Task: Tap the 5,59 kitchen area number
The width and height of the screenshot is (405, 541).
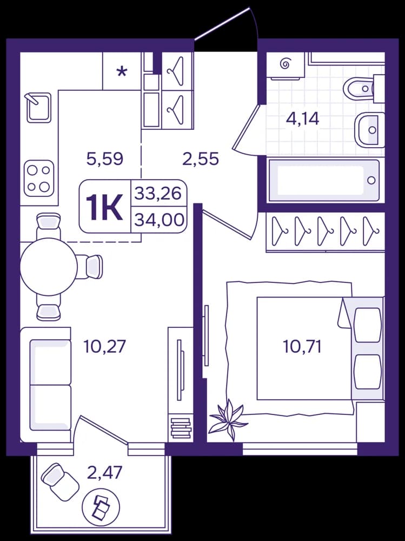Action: tap(105, 160)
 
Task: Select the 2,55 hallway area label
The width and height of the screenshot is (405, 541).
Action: tap(201, 160)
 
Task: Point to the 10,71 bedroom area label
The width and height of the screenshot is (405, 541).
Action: tap(302, 346)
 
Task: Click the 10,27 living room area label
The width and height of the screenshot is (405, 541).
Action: tap(105, 346)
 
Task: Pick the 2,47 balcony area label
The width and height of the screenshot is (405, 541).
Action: tap(104, 473)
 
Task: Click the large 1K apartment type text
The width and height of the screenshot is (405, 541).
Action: tap(104, 207)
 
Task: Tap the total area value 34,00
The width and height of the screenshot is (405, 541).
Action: tap(159, 220)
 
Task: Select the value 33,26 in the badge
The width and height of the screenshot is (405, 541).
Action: tap(158, 193)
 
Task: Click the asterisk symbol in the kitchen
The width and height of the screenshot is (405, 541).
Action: tap(122, 72)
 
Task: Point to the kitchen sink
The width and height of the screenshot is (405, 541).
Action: tap(38, 107)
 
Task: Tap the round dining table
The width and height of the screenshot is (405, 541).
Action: tap(49, 266)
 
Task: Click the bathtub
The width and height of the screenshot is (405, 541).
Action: tap(324, 180)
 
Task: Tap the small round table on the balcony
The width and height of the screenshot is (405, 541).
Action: tap(101, 507)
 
